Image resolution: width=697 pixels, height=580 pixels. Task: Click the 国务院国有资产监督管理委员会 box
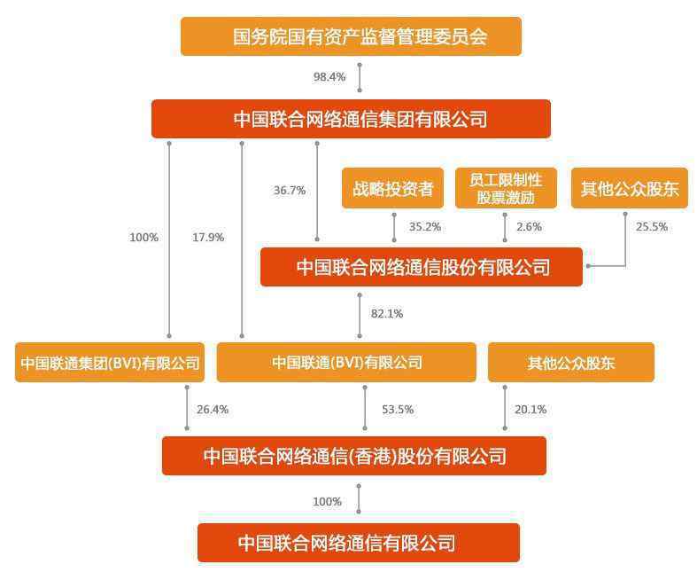[352, 36]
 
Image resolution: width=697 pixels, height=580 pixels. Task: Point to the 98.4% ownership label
[329, 77]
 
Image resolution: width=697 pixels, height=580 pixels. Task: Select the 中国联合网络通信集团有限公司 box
[352, 119]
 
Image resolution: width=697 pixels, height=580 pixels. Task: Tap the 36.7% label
[290, 191]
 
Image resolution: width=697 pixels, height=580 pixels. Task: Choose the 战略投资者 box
[393, 188]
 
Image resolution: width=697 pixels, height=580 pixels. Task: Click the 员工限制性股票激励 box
[506, 188]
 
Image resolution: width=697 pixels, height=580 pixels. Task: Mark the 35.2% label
[425, 227]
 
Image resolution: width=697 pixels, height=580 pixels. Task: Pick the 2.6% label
[529, 227]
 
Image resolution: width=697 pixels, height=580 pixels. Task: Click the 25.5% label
[652, 227]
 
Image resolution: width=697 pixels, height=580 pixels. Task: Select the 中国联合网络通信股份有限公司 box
[422, 267]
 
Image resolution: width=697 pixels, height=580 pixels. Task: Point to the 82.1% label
[387, 314]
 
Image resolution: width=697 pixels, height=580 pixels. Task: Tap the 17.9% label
[208, 238]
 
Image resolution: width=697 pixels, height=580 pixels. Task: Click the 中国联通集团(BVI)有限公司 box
[110, 363]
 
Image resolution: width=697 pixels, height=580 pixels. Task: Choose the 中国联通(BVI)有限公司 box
[346, 363]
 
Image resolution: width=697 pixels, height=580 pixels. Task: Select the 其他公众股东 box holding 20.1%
[571, 363]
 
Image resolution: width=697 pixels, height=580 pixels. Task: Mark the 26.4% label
[213, 410]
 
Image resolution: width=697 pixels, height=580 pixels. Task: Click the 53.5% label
[398, 410]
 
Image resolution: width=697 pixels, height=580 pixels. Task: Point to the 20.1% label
[530, 410]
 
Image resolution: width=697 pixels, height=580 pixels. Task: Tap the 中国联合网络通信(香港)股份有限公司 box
[354, 456]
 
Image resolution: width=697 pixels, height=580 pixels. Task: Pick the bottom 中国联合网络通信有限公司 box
[359, 543]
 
